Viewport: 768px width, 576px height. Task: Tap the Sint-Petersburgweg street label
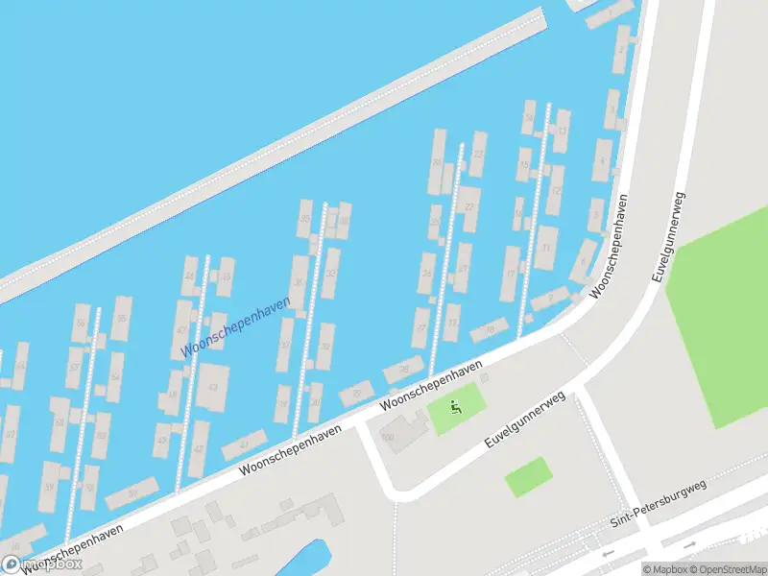tap(659, 504)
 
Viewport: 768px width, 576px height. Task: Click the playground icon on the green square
tap(455, 407)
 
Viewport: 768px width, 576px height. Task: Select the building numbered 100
tap(388, 437)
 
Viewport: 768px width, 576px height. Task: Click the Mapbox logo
tap(42, 564)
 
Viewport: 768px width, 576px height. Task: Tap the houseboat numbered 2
tap(622, 50)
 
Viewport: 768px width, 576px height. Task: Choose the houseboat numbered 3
tap(612, 108)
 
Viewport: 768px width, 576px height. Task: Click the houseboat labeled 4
tap(602, 159)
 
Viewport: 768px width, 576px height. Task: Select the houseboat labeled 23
tap(477, 149)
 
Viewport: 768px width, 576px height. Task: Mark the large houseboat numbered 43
tap(213, 386)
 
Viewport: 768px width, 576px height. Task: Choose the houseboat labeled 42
tap(199, 448)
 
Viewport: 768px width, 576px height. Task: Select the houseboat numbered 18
tap(490, 329)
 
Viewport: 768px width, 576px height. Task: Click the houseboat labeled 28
tap(403, 370)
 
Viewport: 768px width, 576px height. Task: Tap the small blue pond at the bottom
tap(306, 559)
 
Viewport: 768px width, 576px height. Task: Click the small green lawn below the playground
tap(528, 476)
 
